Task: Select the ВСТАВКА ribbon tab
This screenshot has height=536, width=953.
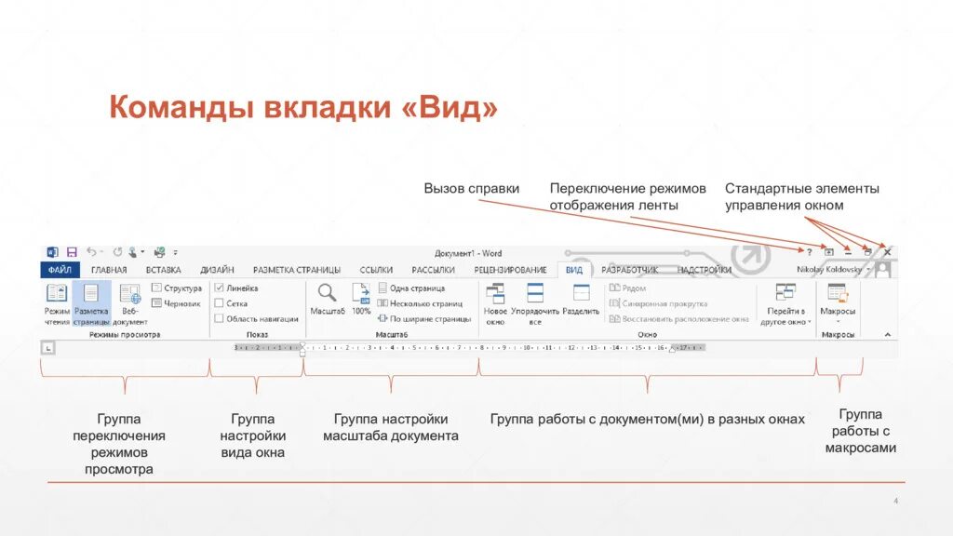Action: click(x=163, y=270)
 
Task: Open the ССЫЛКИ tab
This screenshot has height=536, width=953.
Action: click(x=376, y=270)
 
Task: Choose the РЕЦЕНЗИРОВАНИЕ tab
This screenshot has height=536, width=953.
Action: click(x=510, y=270)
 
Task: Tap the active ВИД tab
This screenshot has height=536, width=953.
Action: click(x=574, y=270)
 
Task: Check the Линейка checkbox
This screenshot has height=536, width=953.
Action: click(x=219, y=288)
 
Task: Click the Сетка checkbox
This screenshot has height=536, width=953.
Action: click(x=219, y=303)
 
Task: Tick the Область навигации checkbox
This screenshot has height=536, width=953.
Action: click(x=219, y=318)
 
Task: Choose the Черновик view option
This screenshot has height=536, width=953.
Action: click(x=156, y=303)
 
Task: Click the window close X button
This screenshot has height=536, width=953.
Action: click(x=887, y=252)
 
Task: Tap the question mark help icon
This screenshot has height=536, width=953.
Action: click(x=809, y=252)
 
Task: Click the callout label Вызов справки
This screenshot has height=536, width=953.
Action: click(x=471, y=188)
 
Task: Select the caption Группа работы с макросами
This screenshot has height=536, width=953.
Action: click(x=860, y=431)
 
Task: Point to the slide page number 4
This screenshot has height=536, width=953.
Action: click(x=894, y=502)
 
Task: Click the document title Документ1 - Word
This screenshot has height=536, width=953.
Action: click(x=468, y=253)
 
